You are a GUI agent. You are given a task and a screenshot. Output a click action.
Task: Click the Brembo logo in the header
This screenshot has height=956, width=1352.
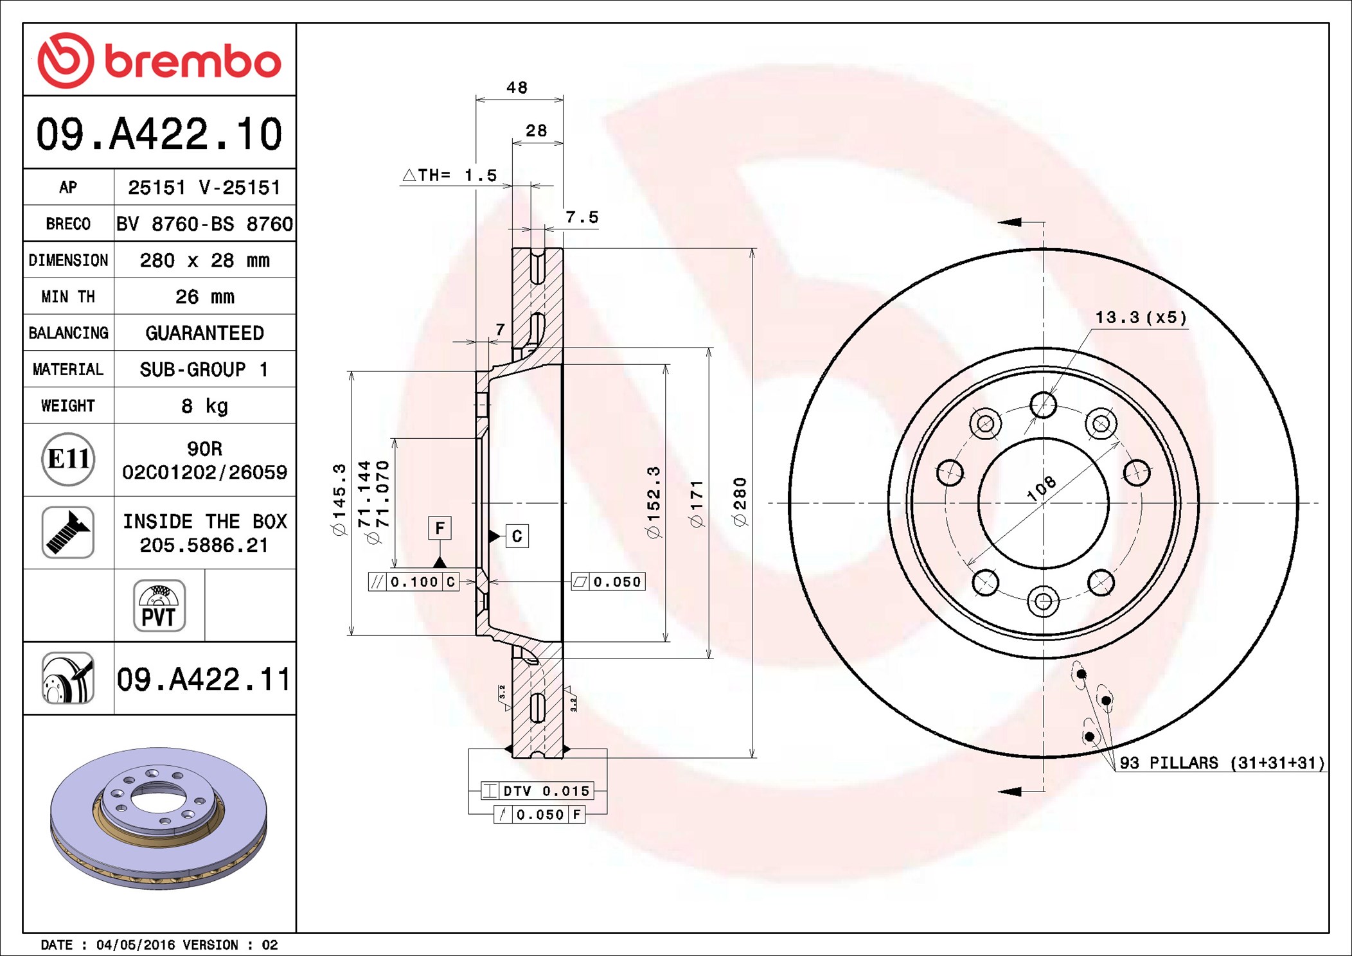tap(159, 60)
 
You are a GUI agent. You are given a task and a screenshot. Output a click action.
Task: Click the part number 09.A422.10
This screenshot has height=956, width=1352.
tap(159, 134)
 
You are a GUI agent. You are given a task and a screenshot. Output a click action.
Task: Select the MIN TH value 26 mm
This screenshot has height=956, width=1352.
tap(205, 296)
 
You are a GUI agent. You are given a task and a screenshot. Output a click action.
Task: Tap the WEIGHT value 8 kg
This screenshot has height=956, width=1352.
tap(205, 405)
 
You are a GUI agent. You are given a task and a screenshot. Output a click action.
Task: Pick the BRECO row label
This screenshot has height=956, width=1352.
tap(68, 224)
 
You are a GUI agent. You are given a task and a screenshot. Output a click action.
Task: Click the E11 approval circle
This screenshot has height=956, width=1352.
tap(68, 459)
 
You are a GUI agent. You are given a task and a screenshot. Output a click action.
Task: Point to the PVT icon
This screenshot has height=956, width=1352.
tap(159, 606)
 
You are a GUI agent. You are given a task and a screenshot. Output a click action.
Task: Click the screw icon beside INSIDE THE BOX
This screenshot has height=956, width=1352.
tap(68, 532)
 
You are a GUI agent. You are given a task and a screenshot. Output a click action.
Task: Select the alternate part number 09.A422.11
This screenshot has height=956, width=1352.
tap(204, 679)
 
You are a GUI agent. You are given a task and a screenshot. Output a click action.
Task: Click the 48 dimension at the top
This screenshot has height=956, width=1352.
tap(517, 87)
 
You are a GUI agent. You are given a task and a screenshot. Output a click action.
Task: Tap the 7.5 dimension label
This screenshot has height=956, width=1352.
tap(582, 217)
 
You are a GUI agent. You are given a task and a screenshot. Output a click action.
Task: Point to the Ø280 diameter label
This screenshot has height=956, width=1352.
tap(740, 502)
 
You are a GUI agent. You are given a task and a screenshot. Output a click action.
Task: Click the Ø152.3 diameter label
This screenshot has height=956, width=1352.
tap(653, 502)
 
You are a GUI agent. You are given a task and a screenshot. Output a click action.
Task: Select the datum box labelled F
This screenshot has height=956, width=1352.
tap(440, 528)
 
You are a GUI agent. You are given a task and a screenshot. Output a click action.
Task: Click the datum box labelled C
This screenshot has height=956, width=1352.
tap(517, 536)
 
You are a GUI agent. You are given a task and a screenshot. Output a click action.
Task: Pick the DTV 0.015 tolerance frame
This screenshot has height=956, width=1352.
tap(538, 791)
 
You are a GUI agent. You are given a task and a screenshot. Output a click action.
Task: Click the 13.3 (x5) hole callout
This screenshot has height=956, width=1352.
tap(1141, 317)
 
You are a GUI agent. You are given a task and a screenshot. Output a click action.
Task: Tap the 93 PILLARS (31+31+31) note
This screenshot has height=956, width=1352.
tap(1222, 763)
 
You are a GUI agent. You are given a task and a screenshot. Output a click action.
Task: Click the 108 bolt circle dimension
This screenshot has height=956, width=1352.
tap(1041, 488)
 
